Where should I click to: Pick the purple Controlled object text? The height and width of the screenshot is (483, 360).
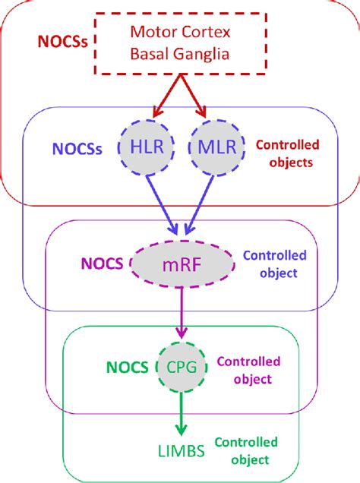pos(248,370)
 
